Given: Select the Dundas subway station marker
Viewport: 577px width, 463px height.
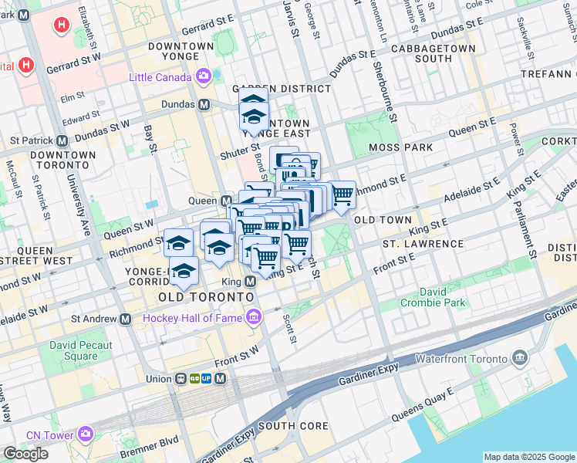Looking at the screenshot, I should pyautogui.click(x=204, y=104).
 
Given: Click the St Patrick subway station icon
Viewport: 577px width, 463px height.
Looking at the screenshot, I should pyautogui.click(x=62, y=140).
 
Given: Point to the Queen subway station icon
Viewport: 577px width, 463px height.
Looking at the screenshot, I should pyautogui.click(x=227, y=201).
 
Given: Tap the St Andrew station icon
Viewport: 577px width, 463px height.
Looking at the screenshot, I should pyautogui.click(x=125, y=318).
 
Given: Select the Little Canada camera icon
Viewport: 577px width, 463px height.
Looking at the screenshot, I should pyautogui.click(x=204, y=76).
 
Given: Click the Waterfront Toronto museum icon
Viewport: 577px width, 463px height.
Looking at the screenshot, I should pyautogui.click(x=519, y=359).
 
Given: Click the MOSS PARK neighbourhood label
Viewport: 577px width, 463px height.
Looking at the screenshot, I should pyautogui.click(x=400, y=147).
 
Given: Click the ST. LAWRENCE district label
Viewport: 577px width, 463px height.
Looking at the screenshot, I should pyautogui.click(x=423, y=244).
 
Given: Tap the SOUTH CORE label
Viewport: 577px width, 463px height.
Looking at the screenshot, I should pyautogui.click(x=293, y=425).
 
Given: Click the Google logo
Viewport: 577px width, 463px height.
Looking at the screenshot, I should pyautogui.click(x=25, y=454).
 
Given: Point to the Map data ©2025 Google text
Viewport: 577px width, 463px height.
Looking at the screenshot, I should pyautogui.click(x=529, y=457).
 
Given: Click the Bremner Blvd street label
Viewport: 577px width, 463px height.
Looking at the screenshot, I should pyautogui.click(x=142, y=448).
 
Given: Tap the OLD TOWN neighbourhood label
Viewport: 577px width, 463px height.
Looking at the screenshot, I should pyautogui.click(x=383, y=220).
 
